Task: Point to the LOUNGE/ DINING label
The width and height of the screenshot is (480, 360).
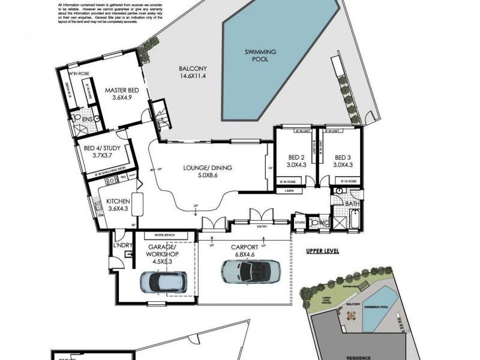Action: (x=208, y=172)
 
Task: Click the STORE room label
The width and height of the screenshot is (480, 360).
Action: (x=299, y=223)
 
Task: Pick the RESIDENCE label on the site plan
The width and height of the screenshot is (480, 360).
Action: (x=358, y=355)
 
